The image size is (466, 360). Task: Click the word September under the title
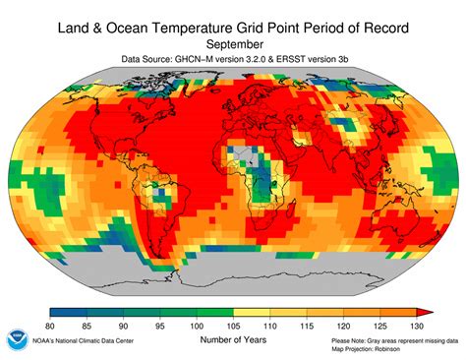point(233,44)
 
